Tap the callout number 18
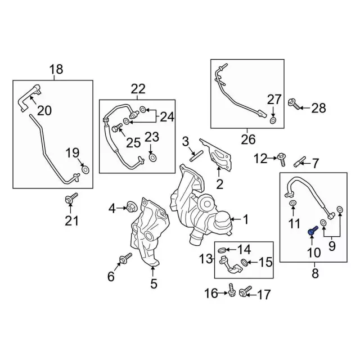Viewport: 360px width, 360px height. point(56,70)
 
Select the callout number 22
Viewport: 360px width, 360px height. point(138,89)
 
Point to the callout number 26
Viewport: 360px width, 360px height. point(248,139)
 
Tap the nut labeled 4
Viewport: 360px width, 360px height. point(128,207)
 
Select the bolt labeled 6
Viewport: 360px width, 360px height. point(124,259)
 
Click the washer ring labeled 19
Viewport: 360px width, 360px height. point(85,169)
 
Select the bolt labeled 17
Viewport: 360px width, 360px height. point(245,291)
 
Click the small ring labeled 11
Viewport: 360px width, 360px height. point(293,202)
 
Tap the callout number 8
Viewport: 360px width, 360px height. point(314,273)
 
